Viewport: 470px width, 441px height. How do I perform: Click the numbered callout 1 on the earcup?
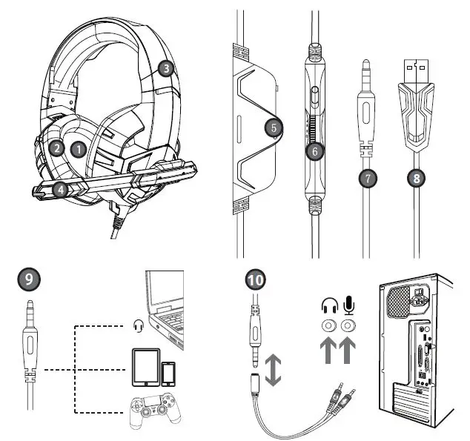79,147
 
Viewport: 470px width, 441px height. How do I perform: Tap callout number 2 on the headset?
56,147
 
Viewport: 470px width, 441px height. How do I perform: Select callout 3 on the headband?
167,68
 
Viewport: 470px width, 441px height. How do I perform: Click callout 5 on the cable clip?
274,127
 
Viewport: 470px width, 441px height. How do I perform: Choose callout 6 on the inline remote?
315,150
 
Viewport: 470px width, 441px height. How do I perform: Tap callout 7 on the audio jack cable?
365,177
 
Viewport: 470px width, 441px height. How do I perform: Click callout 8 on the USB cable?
418,177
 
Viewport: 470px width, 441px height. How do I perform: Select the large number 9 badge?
28,279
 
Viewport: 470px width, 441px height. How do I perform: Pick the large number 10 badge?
255,279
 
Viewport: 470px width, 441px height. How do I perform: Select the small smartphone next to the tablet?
170,373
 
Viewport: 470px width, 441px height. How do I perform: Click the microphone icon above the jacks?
348,305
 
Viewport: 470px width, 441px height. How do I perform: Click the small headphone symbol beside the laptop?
138,325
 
